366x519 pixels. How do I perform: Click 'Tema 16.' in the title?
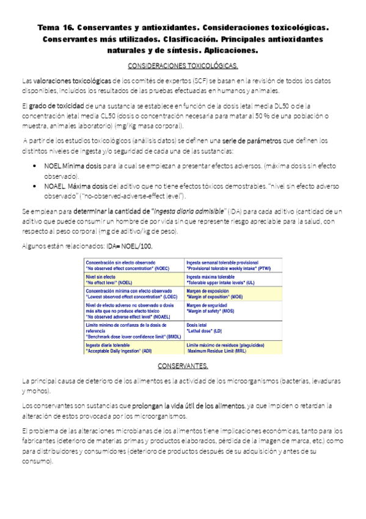(56, 28)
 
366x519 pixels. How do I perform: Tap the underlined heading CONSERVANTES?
(183, 366)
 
